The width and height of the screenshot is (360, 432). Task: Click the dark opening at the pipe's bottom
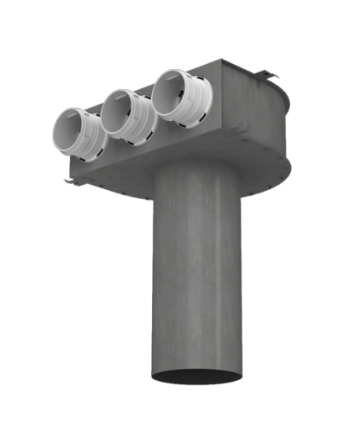pyautogui.click(x=198, y=378)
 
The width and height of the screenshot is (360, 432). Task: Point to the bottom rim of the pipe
pyautogui.click(x=198, y=385)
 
